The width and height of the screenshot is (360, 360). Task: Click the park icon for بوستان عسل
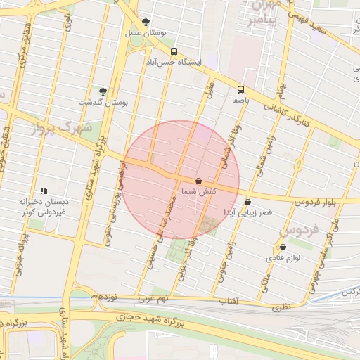click(146, 22)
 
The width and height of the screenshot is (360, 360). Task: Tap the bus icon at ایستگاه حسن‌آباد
click(174, 51)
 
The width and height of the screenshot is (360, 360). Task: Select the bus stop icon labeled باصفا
click(240, 89)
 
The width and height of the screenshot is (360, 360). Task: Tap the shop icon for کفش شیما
click(198, 181)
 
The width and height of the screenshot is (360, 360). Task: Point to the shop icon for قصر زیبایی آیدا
click(247, 202)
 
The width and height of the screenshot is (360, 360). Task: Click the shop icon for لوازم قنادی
click(283, 247)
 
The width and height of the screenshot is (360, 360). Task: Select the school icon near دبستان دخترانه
click(44, 190)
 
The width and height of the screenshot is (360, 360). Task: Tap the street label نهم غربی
click(153, 299)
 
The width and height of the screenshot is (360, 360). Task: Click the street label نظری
click(281, 307)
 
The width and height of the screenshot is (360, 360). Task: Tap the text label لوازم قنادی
click(283, 258)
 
